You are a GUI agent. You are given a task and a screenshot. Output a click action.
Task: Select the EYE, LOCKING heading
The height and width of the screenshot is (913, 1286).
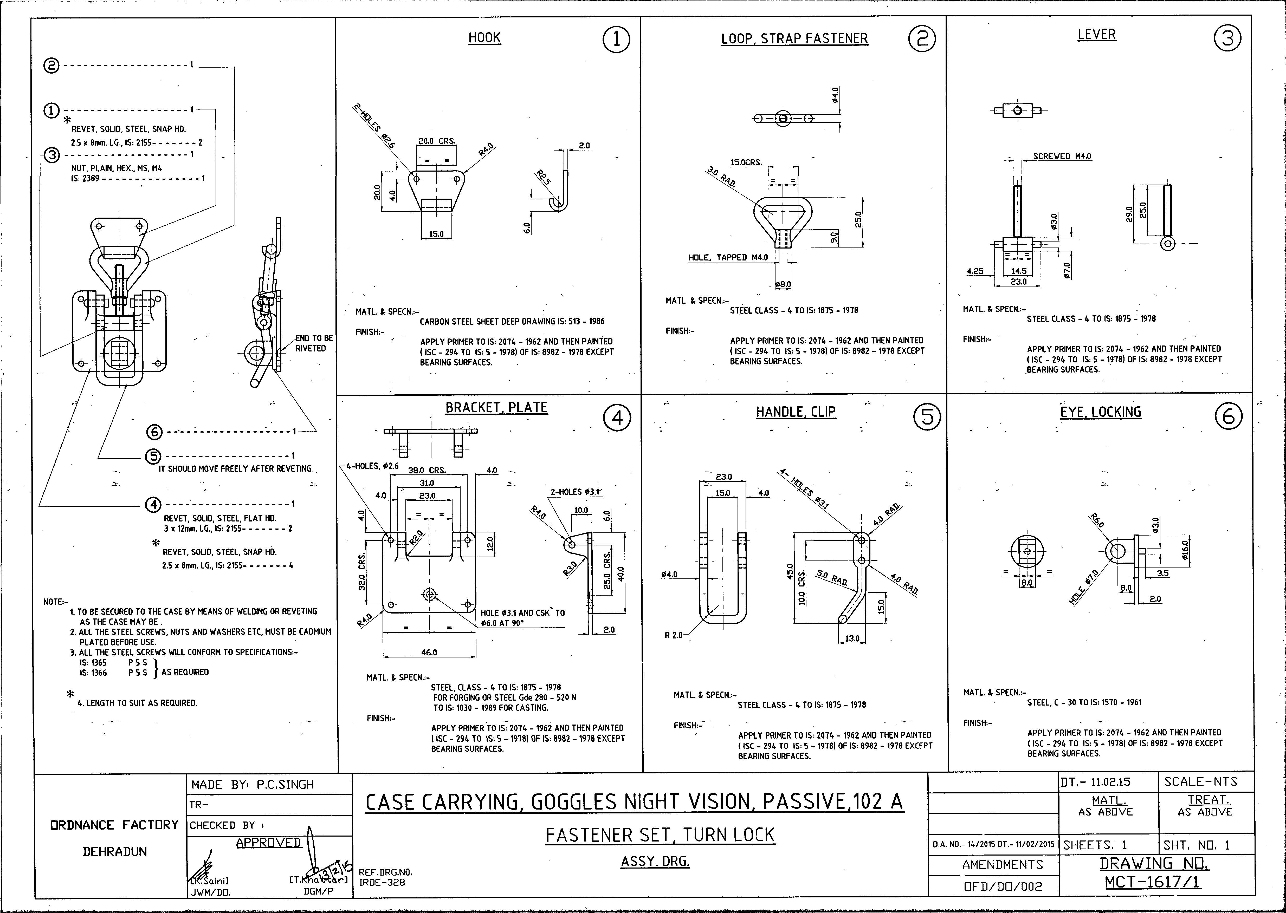(x=1100, y=412)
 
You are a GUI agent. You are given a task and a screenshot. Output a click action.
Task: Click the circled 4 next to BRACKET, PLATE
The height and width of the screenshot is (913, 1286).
(x=617, y=418)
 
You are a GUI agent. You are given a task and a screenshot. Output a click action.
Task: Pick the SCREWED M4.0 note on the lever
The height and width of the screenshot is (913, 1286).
(x=1062, y=156)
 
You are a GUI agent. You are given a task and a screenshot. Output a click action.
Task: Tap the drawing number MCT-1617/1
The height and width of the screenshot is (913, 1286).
(x=1153, y=882)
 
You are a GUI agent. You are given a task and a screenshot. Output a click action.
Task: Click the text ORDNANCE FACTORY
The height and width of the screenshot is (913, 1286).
(x=114, y=825)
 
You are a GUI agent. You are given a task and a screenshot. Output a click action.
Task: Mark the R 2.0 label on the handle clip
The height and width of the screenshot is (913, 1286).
(x=673, y=635)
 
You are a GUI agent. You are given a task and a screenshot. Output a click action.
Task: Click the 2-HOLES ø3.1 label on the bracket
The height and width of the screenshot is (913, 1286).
(x=576, y=492)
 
